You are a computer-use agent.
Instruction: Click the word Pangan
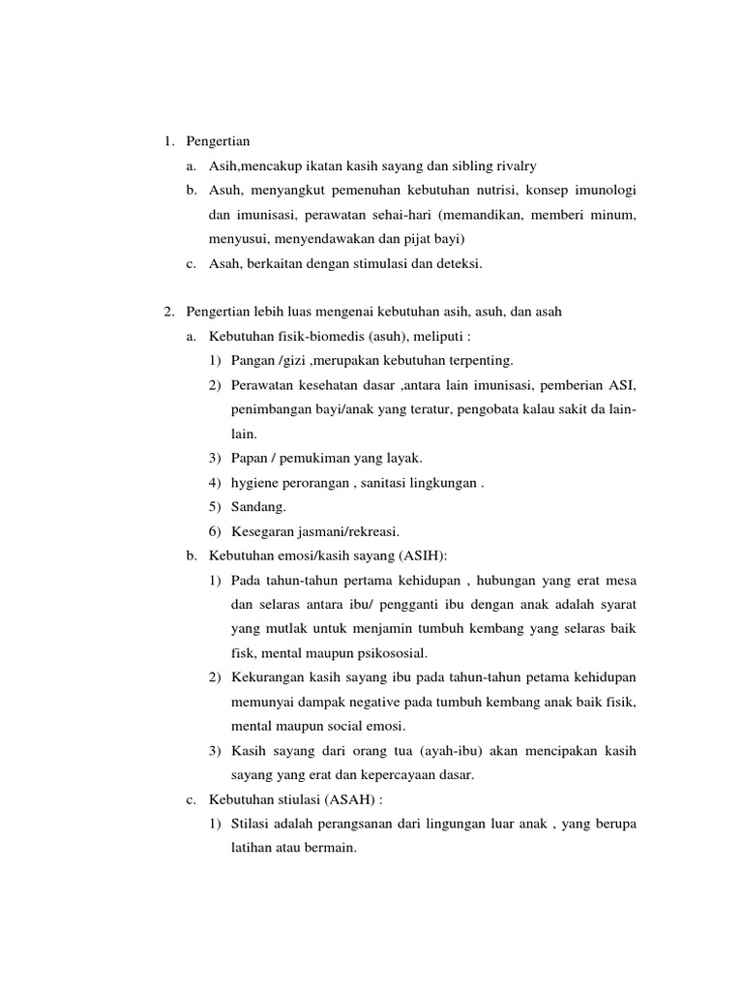tap(253, 360)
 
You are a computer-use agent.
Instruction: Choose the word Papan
tap(252, 458)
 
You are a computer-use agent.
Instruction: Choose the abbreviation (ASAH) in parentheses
tap(354, 799)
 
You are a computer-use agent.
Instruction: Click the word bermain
tap(332, 848)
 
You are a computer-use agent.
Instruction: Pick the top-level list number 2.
tap(168, 312)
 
